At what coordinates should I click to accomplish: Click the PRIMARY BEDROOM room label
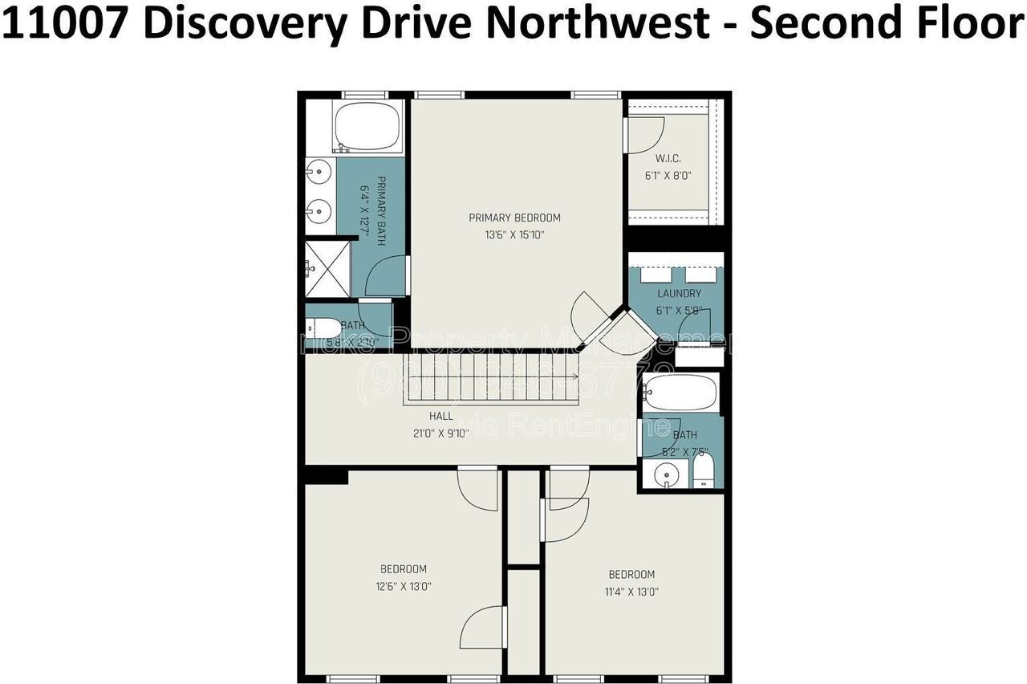pyautogui.click(x=514, y=218)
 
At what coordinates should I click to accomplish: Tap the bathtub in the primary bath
pyautogui.click(x=367, y=126)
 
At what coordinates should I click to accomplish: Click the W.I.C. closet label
pyautogui.click(x=668, y=159)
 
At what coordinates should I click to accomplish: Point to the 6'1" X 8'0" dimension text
pyautogui.click(x=668, y=175)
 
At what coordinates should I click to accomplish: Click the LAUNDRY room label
pyautogui.click(x=679, y=294)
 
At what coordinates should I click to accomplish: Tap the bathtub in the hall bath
pyautogui.click(x=680, y=393)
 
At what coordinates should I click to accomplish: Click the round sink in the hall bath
pyautogui.click(x=665, y=475)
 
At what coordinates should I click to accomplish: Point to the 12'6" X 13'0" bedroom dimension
pyautogui.click(x=403, y=586)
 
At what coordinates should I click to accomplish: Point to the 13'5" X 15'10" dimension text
pyautogui.click(x=514, y=234)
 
